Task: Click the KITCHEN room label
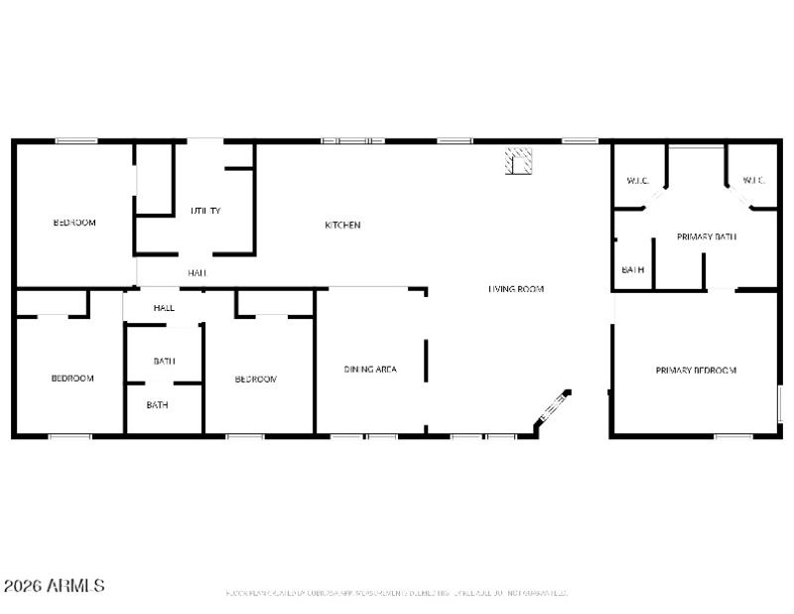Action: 342,226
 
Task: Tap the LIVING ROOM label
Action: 516,289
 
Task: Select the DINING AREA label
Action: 370,370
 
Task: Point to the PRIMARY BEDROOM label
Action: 696,371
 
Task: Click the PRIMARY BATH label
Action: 706,236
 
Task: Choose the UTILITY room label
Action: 205,211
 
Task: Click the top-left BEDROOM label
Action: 74,223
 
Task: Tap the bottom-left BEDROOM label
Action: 72,379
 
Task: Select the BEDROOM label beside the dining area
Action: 255,380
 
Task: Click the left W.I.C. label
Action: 637,181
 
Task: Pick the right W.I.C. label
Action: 753,181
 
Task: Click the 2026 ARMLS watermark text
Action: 55,586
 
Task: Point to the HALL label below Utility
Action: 198,272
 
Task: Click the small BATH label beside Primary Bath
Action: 633,269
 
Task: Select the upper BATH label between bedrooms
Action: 164,361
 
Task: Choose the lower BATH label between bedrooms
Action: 157,404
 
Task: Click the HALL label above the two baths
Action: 164,308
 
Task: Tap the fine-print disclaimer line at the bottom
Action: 397,593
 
